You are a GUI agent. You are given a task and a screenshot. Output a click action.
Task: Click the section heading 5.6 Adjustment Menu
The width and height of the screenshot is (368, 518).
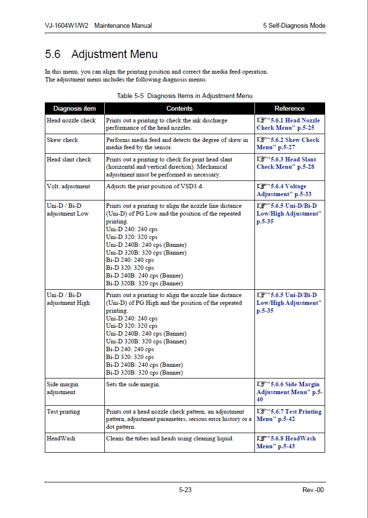[101, 54]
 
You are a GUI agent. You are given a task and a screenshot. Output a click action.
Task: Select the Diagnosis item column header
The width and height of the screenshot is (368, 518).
[75, 109]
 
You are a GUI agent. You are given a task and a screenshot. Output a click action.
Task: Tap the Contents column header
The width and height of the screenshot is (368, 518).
[179, 109]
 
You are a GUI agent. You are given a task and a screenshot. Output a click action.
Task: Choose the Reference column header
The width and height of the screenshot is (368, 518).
[290, 109]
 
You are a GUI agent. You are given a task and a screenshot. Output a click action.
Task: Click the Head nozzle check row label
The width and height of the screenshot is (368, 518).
[71, 120]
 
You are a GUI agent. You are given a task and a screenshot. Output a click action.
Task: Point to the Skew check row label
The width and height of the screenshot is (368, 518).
[62, 140]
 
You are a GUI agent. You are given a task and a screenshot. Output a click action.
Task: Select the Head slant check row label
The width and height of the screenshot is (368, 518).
[69, 159]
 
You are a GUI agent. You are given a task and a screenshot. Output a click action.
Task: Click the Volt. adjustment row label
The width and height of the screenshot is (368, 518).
[68, 186]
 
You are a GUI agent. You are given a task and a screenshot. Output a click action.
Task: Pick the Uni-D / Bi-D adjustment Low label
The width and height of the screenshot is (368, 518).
[68, 210]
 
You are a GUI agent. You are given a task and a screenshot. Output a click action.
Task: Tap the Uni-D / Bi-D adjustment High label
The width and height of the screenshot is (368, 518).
[68, 299]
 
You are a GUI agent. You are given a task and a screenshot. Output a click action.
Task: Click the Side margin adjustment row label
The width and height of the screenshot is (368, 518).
[62, 388]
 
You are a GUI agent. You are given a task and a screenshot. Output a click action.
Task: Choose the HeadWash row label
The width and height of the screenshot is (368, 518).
[61, 438]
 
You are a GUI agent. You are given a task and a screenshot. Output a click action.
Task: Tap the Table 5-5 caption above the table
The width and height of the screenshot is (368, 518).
[185, 96]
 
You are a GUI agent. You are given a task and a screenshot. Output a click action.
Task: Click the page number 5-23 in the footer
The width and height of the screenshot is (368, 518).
[185, 490]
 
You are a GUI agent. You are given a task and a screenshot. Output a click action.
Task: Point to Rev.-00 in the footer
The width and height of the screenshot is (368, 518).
[313, 490]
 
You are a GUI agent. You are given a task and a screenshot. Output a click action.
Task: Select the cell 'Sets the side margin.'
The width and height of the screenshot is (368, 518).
[133, 384]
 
